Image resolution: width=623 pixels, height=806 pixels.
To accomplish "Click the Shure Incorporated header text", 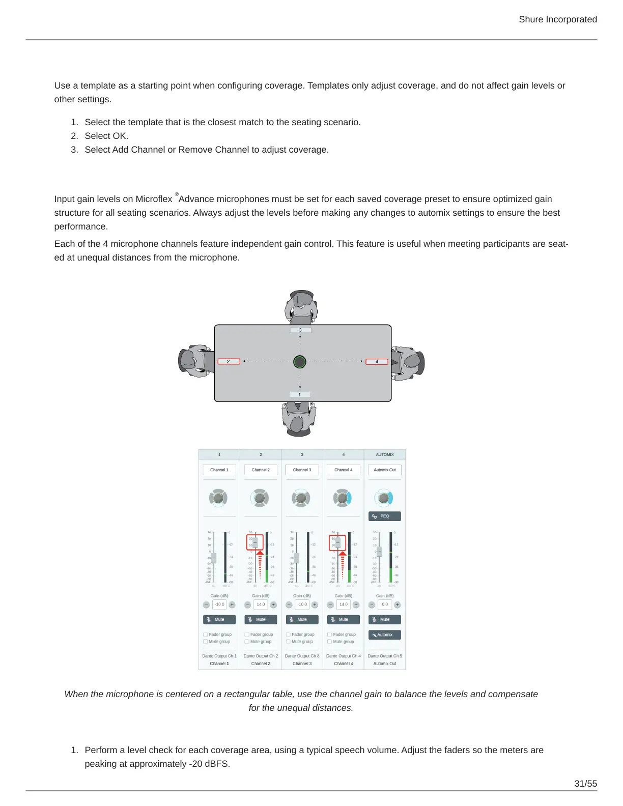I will pos(557,19).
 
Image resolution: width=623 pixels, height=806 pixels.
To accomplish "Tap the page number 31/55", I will pos(585,784).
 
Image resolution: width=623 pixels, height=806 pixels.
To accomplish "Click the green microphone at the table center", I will pos(300,362).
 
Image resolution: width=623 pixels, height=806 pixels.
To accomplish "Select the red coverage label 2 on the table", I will pos(229,362).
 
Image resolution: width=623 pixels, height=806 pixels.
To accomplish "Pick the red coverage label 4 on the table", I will pos(377,362).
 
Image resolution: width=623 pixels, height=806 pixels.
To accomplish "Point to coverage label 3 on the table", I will pos(300,330).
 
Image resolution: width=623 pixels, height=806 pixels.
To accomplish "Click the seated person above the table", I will pos(301,307).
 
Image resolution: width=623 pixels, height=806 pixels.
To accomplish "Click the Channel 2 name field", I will pos(261,470).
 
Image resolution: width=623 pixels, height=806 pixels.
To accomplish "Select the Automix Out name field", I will pos(385,470).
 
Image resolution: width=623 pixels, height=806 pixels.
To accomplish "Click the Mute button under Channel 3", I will pos(302,619).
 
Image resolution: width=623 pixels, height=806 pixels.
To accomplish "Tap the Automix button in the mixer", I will pos(385,635).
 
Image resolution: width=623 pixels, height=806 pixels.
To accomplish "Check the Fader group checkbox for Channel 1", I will pos(206,635).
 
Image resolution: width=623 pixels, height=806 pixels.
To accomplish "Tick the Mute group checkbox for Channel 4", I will pos(329,642).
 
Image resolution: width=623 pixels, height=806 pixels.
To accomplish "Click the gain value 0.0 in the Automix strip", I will pos(385,604).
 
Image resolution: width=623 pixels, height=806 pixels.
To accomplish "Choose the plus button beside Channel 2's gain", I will pos(273,604).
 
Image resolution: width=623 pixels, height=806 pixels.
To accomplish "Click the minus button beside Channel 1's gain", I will pos(206,604).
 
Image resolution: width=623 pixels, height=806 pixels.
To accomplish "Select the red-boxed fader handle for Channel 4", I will pos(337,542).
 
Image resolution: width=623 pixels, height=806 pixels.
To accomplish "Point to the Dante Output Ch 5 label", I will pos(385,656).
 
